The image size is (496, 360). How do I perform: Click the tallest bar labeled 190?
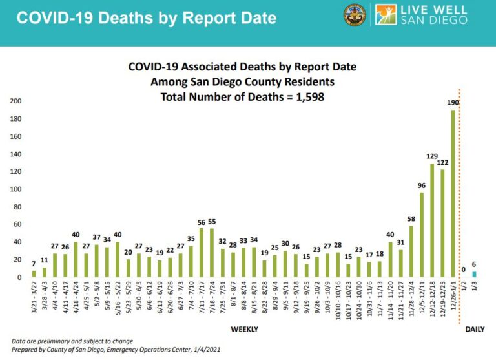pyautogui.click(x=453, y=193)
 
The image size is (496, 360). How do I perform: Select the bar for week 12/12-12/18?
pyautogui.click(x=432, y=220)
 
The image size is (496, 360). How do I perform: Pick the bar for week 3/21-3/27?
pyautogui.click(x=34, y=274)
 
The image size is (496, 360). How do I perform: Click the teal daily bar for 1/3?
pyautogui.click(x=475, y=274)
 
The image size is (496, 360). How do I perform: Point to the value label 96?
pyautogui.click(x=421, y=185)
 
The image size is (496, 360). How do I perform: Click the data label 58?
pyautogui.click(x=411, y=219)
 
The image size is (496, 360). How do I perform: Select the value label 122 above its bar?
pyautogui.click(x=442, y=162)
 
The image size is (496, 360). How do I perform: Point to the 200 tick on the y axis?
pyautogui.click(x=15, y=101)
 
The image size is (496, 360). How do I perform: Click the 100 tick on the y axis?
pyautogui.click(x=15, y=189)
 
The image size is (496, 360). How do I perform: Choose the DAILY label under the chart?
pyautogui.click(x=475, y=330)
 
